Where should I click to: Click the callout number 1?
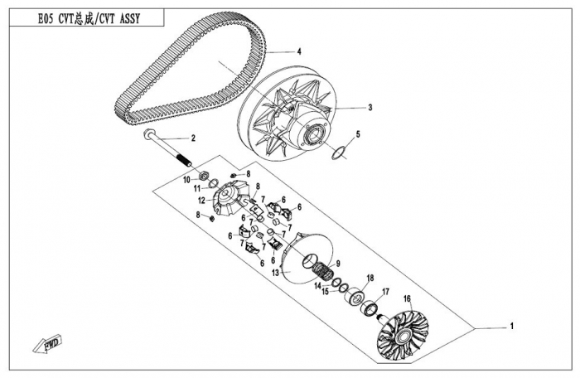pos(512,326)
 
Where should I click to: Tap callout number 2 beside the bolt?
pos(193,138)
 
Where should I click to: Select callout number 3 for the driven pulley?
pos(370,107)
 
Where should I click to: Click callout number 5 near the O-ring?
pos(357,133)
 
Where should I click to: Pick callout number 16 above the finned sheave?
pos(407,298)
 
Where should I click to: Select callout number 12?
pos(201,200)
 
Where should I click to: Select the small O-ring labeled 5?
pos(336,153)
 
